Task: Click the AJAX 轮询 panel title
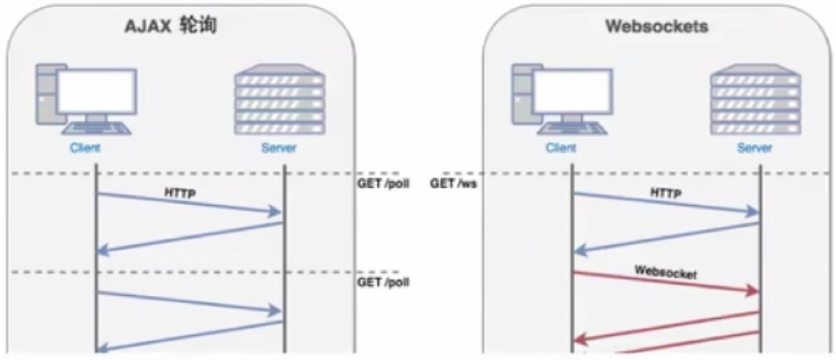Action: pyautogui.click(x=170, y=28)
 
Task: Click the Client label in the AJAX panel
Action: pyautogui.click(x=84, y=148)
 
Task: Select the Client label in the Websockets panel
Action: pyautogui.click(x=561, y=148)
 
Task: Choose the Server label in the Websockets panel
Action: pyautogui.click(x=755, y=148)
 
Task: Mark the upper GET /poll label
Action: pyautogui.click(x=382, y=184)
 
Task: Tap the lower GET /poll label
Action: pyautogui.click(x=382, y=282)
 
